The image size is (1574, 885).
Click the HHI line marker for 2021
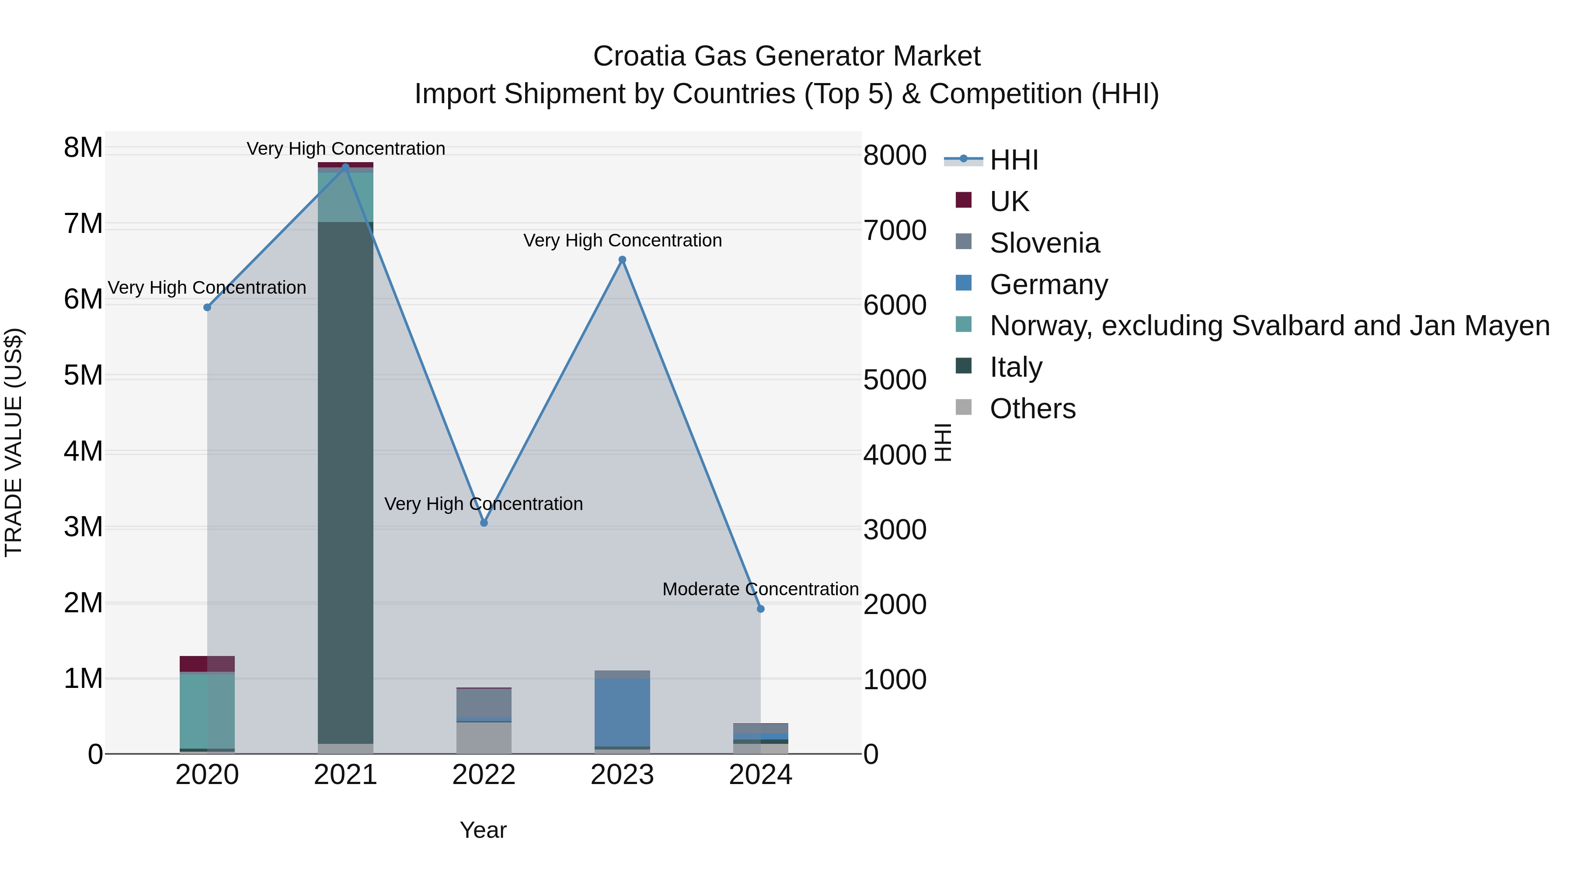(x=345, y=167)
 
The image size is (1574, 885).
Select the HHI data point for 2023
(x=622, y=260)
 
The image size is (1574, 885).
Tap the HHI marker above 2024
(x=760, y=609)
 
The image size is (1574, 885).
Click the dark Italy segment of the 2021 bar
(x=345, y=482)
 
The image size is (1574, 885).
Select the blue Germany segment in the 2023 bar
(x=622, y=711)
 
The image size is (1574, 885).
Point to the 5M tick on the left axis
(x=83, y=375)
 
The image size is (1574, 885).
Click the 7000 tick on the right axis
(x=895, y=231)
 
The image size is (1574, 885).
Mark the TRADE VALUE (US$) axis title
(x=14, y=442)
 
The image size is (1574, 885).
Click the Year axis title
(x=483, y=830)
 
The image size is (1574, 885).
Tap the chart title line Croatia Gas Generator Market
(x=787, y=56)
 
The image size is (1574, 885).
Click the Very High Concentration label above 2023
(x=622, y=241)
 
